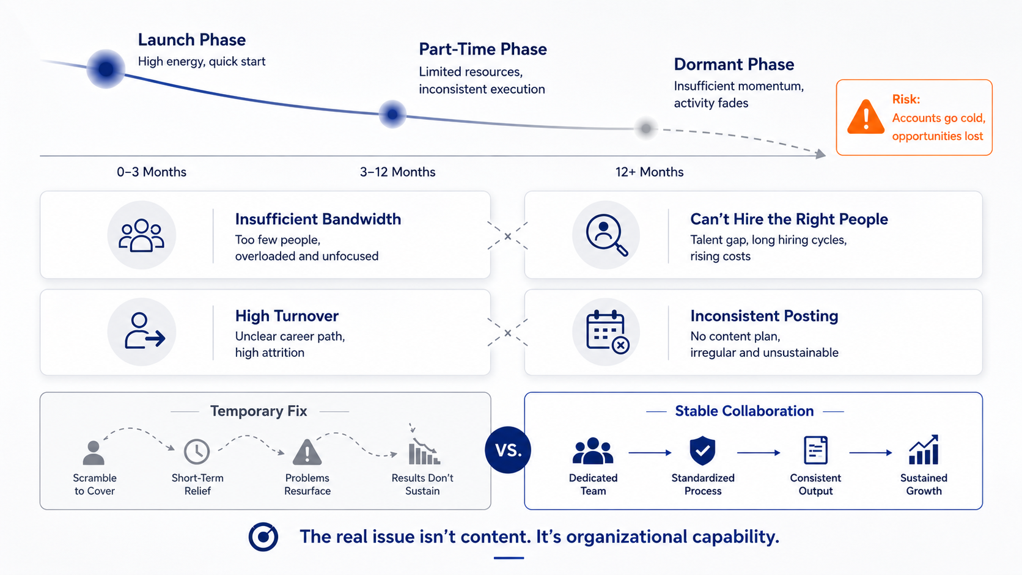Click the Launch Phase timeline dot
[106, 69]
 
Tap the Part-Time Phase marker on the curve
[392, 114]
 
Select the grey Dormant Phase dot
[645, 128]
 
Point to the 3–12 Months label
[397, 172]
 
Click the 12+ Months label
[649, 172]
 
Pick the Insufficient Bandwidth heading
[318, 219]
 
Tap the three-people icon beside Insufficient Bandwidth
[141, 235]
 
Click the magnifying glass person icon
[606, 235]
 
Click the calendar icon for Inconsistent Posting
[608, 332]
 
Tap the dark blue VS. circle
[508, 450]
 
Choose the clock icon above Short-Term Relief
[197, 452]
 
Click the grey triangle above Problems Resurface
[307, 452]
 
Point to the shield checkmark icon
[703, 450]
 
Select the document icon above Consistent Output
[815, 450]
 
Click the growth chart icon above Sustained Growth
[924, 450]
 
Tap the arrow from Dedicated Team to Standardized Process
[650, 453]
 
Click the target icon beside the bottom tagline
[263, 537]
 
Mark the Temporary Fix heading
[259, 411]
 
